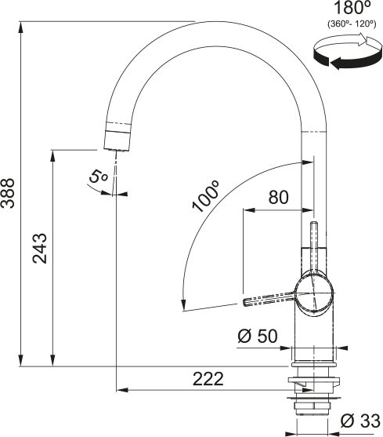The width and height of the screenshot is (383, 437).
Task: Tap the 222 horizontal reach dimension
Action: pyautogui.click(x=206, y=378)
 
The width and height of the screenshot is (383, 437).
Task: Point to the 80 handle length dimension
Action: pyautogui.click(x=278, y=198)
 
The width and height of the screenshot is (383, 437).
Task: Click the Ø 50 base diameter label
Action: pyautogui.click(x=257, y=337)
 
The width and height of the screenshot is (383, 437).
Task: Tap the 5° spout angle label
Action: pyautogui.click(x=98, y=177)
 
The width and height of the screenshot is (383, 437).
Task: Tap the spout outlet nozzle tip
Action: pyautogui.click(x=117, y=139)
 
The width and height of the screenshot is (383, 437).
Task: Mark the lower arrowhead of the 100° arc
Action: pyautogui.click(x=182, y=305)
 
